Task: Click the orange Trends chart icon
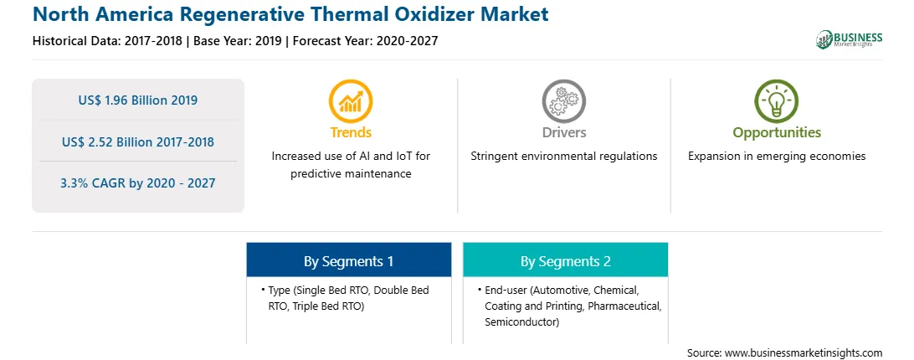(x=351, y=101)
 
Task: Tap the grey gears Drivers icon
(x=563, y=101)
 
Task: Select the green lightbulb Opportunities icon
(x=777, y=101)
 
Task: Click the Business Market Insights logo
(x=849, y=39)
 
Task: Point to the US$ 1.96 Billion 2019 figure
(x=137, y=100)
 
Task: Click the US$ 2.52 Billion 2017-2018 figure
(x=137, y=141)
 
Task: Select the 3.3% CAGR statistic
(x=137, y=183)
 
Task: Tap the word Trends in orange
(x=351, y=132)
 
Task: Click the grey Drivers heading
(x=563, y=132)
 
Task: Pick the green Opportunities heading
(x=777, y=133)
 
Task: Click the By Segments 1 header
(x=348, y=261)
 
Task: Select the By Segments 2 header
(x=566, y=261)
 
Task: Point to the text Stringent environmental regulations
(x=563, y=157)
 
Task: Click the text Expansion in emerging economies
(x=777, y=157)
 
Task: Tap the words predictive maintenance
(x=351, y=174)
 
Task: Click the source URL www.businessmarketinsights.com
(x=804, y=353)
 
